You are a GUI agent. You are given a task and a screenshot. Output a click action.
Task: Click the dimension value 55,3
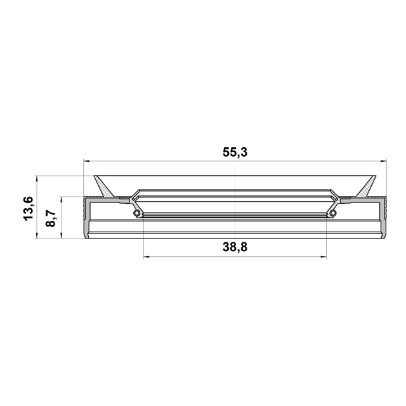tap(235, 152)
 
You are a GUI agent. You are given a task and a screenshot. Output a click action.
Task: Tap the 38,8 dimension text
tap(235, 247)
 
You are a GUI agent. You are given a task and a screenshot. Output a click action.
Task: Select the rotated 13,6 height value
tap(29, 209)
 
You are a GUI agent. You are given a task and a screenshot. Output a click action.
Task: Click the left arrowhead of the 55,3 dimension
tap(86, 161)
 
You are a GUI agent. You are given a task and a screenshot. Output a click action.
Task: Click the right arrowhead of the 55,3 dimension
tap(383, 161)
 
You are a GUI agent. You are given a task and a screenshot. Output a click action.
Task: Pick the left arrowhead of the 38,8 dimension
tap(147, 257)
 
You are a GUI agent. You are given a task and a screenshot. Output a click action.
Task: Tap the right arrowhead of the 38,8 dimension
tap(324, 257)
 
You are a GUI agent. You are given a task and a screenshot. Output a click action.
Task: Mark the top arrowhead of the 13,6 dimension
tap(37, 179)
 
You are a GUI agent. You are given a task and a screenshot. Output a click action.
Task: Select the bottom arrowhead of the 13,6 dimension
tap(37, 235)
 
